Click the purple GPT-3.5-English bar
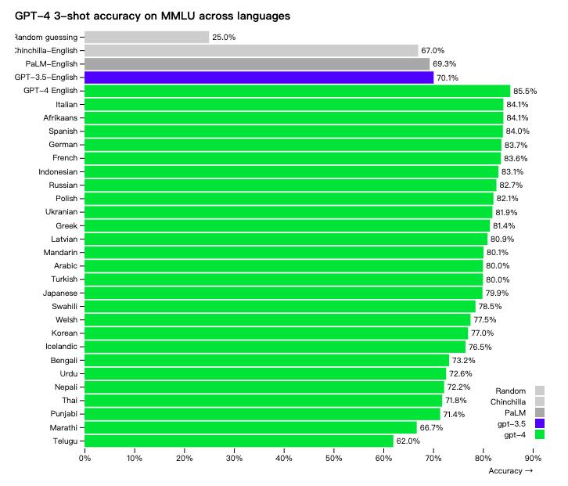pyautogui.click(x=258, y=77)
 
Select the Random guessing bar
pyautogui.click(x=146, y=37)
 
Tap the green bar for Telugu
pyautogui.click(x=239, y=441)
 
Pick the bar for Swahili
pyautogui.click(x=279, y=306)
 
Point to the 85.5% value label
pyautogui.click(x=525, y=92)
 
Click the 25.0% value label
pyautogui.click(x=224, y=38)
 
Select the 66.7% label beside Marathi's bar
pyautogui.click(x=431, y=428)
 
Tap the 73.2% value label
pyautogui.click(x=464, y=361)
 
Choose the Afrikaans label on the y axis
pyautogui.click(x=59, y=117)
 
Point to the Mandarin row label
pyautogui.click(x=59, y=253)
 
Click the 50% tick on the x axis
pyautogui.click(x=333, y=458)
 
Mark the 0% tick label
pyautogui.click(x=84, y=458)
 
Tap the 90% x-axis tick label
pyautogui.click(x=533, y=458)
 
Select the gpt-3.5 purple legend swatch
pyautogui.click(x=540, y=423)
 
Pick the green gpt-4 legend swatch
pyautogui.click(x=540, y=434)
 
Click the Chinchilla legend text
pyautogui.click(x=508, y=401)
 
